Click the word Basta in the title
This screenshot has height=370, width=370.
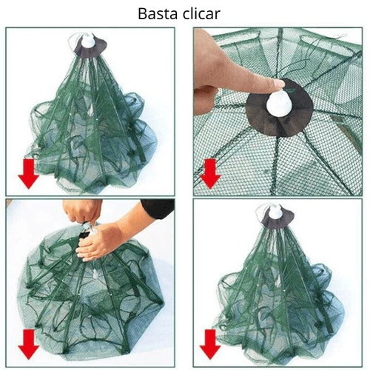[158, 14]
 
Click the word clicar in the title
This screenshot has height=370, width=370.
[201, 14]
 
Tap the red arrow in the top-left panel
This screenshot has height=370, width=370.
[29, 174]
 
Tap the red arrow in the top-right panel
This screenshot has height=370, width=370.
[210, 174]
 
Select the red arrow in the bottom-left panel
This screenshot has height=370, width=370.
[29, 344]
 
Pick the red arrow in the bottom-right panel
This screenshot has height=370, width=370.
[210, 344]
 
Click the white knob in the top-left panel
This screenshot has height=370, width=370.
[88, 41]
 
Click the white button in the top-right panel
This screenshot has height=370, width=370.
[279, 102]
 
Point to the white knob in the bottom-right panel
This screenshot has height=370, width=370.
[275, 212]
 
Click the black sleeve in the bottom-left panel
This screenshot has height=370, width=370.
[158, 208]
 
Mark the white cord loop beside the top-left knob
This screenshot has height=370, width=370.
[73, 42]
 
